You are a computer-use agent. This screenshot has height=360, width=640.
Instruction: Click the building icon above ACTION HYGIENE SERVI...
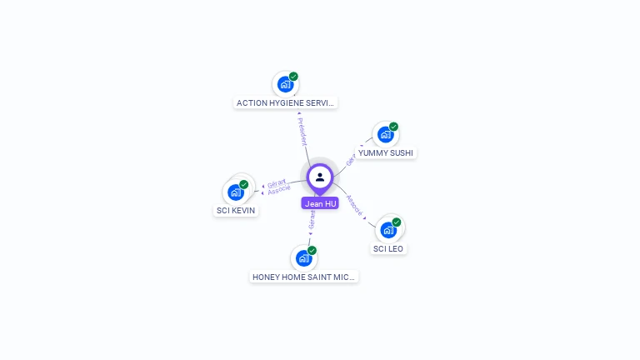(286, 84)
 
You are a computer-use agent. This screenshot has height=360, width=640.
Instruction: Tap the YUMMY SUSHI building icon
(385, 134)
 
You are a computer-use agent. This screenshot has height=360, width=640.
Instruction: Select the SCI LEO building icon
(388, 230)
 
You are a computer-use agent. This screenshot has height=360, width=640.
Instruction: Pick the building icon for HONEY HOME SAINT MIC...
(304, 258)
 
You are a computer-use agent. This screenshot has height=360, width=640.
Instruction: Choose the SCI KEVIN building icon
(236, 192)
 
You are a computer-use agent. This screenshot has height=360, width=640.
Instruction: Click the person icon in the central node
(320, 177)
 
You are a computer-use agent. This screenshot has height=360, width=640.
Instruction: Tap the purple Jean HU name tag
(320, 203)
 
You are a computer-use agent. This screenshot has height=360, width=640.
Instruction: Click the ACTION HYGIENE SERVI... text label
(286, 103)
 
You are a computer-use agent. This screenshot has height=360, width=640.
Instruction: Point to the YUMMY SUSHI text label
(385, 153)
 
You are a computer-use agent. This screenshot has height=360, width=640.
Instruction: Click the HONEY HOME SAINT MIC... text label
(304, 277)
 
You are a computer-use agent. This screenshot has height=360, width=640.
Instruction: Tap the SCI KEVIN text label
(236, 210)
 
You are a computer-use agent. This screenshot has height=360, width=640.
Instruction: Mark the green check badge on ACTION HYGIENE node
(294, 77)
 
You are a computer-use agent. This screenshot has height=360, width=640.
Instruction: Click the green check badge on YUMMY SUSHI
(393, 127)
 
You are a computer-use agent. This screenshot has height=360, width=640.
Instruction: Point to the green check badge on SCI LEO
(397, 222)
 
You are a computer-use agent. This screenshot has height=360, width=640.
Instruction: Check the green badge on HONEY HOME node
(312, 250)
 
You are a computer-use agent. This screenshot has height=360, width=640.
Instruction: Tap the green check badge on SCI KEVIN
(244, 184)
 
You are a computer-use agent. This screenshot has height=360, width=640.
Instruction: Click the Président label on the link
(302, 130)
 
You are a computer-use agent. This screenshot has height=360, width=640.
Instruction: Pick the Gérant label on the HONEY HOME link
(312, 219)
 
